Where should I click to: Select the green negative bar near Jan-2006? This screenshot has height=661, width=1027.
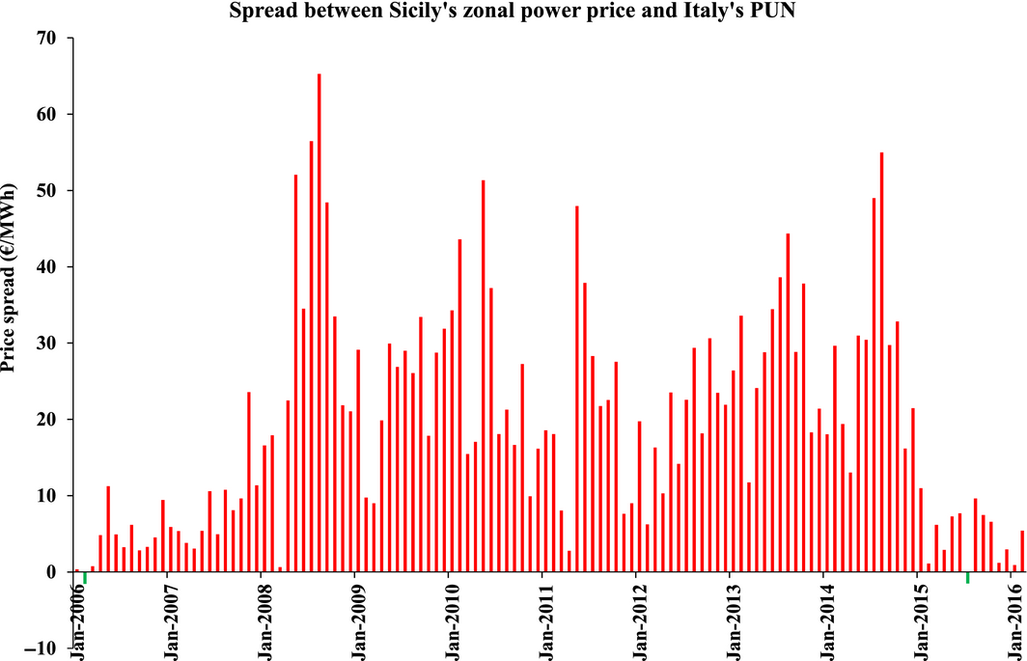point(84,577)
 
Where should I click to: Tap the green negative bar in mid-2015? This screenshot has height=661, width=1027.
point(967,577)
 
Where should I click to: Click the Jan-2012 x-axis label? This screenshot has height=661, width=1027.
point(636,617)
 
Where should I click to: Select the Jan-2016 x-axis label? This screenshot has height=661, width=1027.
point(1012,617)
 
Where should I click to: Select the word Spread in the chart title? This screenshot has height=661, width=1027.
point(259,12)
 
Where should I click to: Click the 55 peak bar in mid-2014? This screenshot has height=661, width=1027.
point(881,362)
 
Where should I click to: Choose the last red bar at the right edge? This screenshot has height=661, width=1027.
point(1022,551)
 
